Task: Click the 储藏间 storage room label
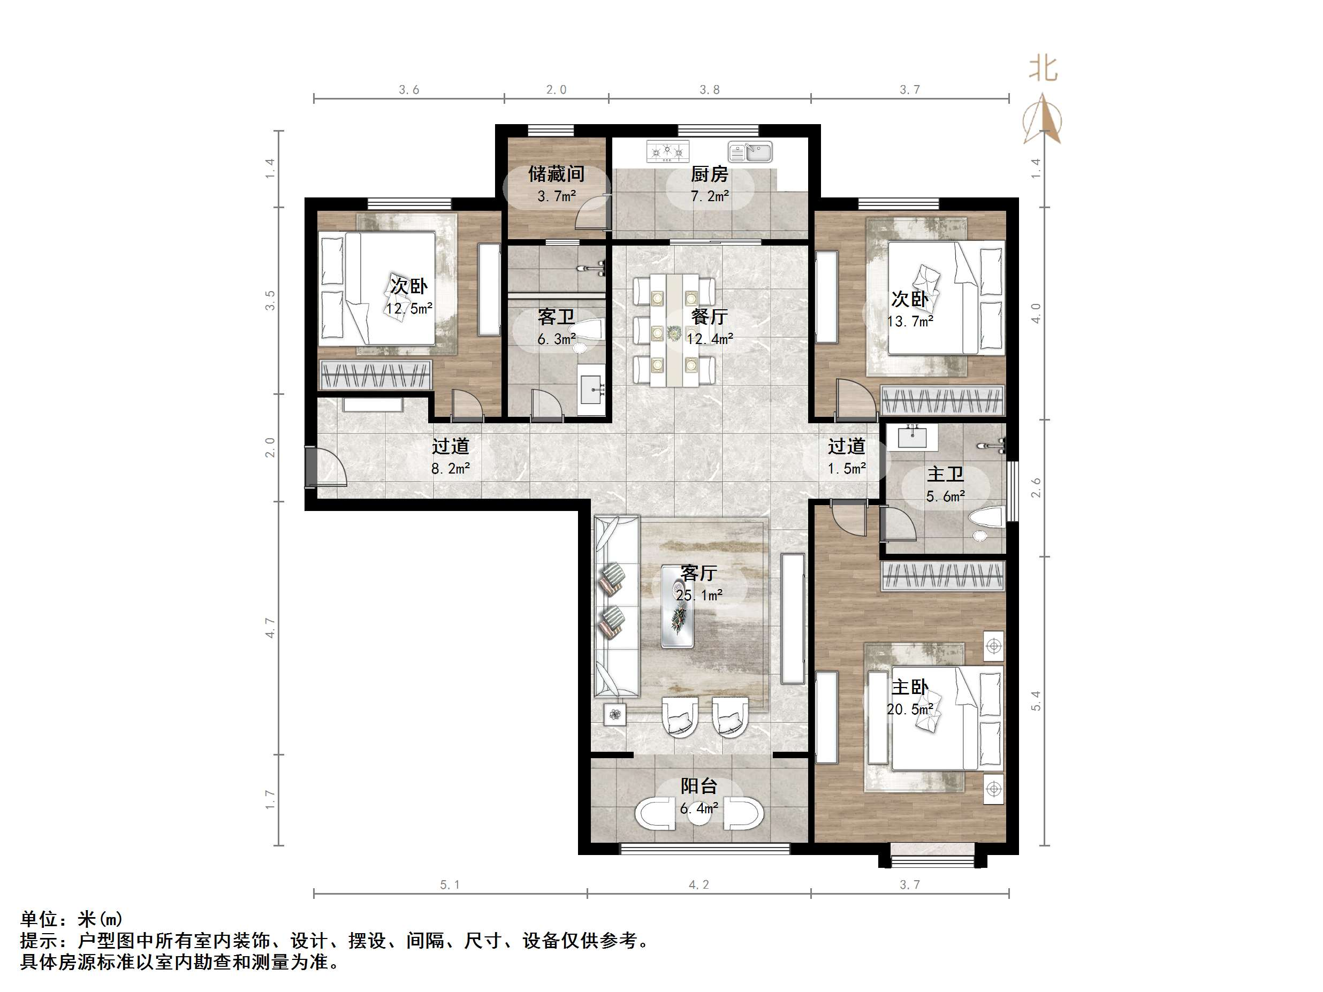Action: [x=556, y=174]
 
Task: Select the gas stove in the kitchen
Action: [x=667, y=151]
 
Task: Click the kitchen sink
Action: [x=750, y=152]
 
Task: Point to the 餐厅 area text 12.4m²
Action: [x=710, y=339]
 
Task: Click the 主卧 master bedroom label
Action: [x=910, y=687]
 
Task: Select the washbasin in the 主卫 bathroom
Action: [x=912, y=437]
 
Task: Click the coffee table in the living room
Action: [x=678, y=606]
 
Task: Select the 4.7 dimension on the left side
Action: [x=270, y=628]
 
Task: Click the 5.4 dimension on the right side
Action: [x=1036, y=701]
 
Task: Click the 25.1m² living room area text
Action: [x=699, y=595]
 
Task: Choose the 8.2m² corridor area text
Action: [x=451, y=468]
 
